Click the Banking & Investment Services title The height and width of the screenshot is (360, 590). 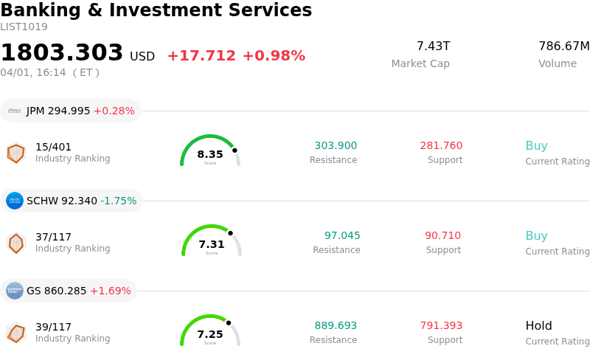156,11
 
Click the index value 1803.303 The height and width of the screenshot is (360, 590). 62,53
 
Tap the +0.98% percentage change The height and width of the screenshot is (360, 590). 274,56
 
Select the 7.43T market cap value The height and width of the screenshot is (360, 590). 433,46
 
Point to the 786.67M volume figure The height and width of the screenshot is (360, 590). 563,46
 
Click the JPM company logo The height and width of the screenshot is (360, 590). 15,111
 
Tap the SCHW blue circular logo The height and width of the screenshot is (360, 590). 15,201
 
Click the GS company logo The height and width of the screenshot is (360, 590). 15,291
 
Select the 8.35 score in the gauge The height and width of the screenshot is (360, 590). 210,154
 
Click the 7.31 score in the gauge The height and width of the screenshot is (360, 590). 212,244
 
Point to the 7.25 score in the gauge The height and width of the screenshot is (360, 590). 210,334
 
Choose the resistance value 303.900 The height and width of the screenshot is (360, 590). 336,146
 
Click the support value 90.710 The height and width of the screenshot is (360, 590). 442,236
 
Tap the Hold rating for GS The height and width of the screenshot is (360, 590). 538,326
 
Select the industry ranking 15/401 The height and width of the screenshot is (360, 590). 53,147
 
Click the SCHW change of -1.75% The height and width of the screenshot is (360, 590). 119,201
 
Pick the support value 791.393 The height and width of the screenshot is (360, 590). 441,326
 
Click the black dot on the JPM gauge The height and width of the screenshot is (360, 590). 235,150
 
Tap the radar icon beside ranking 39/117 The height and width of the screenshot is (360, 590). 15,333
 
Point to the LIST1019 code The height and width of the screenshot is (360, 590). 24,27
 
